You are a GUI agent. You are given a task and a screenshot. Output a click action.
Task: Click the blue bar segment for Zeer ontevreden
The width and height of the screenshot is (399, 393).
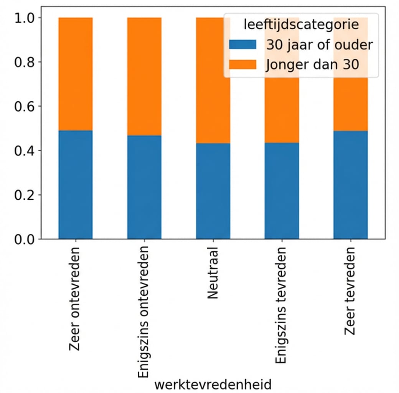(76, 185)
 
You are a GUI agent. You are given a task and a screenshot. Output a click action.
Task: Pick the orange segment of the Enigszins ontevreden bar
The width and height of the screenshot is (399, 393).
(144, 76)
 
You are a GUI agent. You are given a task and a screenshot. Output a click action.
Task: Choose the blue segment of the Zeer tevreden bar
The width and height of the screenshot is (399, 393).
(350, 185)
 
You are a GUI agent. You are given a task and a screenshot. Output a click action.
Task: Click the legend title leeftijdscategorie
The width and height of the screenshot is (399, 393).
(301, 25)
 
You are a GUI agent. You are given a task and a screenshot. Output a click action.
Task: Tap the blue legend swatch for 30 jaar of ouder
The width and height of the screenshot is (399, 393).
(242, 45)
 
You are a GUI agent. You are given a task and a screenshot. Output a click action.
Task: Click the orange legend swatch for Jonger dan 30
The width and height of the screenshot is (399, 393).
(242, 64)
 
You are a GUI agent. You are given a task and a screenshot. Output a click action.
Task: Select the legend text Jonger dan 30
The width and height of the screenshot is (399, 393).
(312, 64)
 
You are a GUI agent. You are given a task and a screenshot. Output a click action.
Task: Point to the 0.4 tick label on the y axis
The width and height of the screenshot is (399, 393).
(25, 150)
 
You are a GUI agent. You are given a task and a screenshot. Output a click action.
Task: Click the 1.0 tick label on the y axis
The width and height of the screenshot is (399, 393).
(25, 18)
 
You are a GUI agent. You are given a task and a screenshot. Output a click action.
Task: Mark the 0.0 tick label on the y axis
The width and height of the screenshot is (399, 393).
(25, 239)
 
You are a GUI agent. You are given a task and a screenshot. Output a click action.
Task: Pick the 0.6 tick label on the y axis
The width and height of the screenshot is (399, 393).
(25, 106)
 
